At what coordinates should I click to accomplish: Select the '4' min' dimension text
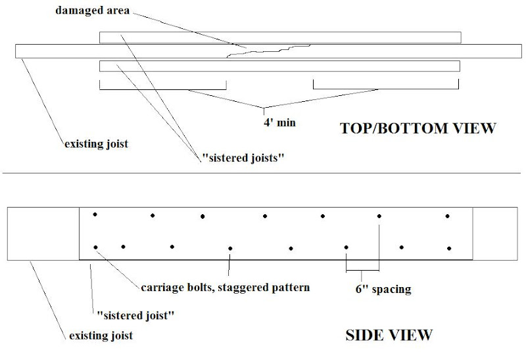click(x=272, y=122)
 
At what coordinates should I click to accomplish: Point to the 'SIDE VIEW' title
click(x=389, y=335)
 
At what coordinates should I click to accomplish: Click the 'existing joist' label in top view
click(x=95, y=143)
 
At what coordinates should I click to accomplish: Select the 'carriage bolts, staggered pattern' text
click(x=226, y=287)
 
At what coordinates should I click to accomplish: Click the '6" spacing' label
click(x=379, y=288)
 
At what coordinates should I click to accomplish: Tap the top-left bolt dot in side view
click(x=95, y=214)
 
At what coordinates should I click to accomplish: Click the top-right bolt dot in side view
click(x=448, y=215)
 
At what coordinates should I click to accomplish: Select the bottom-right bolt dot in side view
click(x=449, y=248)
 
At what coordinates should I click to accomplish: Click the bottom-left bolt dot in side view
click(x=95, y=247)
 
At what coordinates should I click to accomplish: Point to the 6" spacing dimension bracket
click(x=362, y=269)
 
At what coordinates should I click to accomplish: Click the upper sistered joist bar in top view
click(x=279, y=37)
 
